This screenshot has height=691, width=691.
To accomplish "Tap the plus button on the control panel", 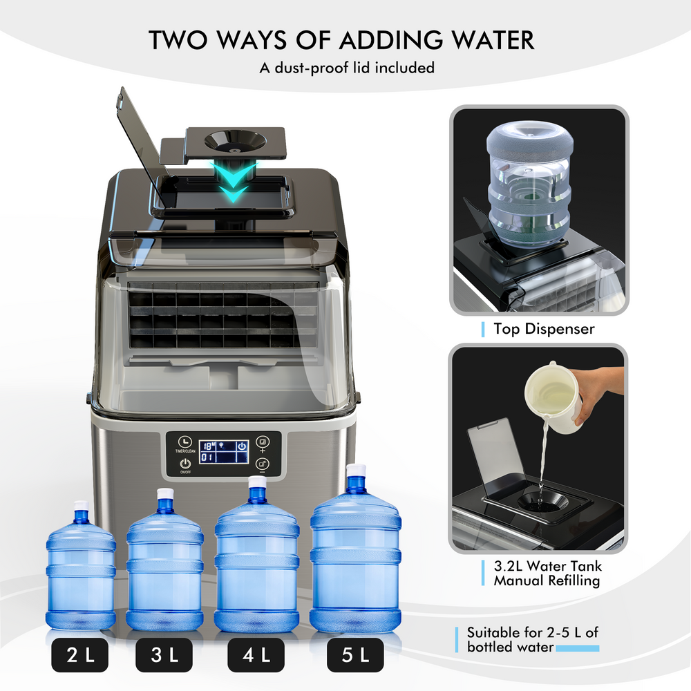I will [x=263, y=443].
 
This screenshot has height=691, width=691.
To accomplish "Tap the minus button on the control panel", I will [x=263, y=464].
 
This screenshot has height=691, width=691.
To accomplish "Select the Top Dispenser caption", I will [x=543, y=329].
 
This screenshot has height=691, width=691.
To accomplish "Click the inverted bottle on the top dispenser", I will [x=529, y=183].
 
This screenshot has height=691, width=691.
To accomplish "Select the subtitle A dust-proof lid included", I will [x=346, y=68].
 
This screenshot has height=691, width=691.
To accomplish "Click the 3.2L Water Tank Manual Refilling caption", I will [x=547, y=573].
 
